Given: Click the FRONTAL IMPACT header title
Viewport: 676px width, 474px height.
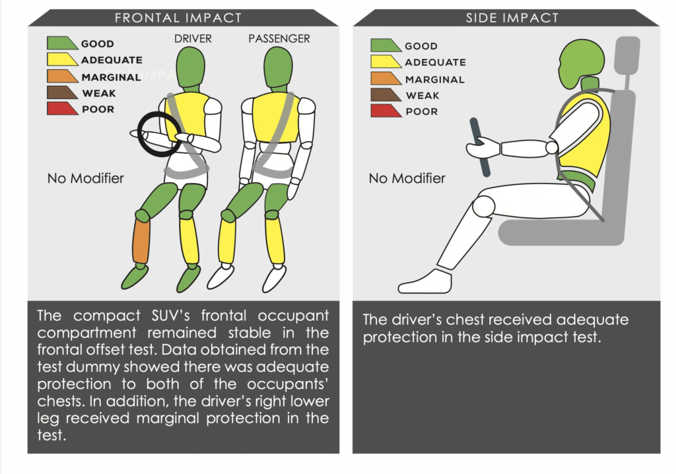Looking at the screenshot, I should click(x=178, y=18).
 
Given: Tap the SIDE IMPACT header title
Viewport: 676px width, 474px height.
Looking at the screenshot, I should click(x=507, y=18).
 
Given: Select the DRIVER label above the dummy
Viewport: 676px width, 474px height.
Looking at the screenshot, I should click(x=193, y=39).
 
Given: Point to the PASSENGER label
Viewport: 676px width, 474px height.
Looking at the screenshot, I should click(x=279, y=39).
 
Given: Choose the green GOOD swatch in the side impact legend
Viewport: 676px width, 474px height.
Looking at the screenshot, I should click(x=386, y=46).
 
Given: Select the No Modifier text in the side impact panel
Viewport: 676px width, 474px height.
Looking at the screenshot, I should click(x=407, y=178).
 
